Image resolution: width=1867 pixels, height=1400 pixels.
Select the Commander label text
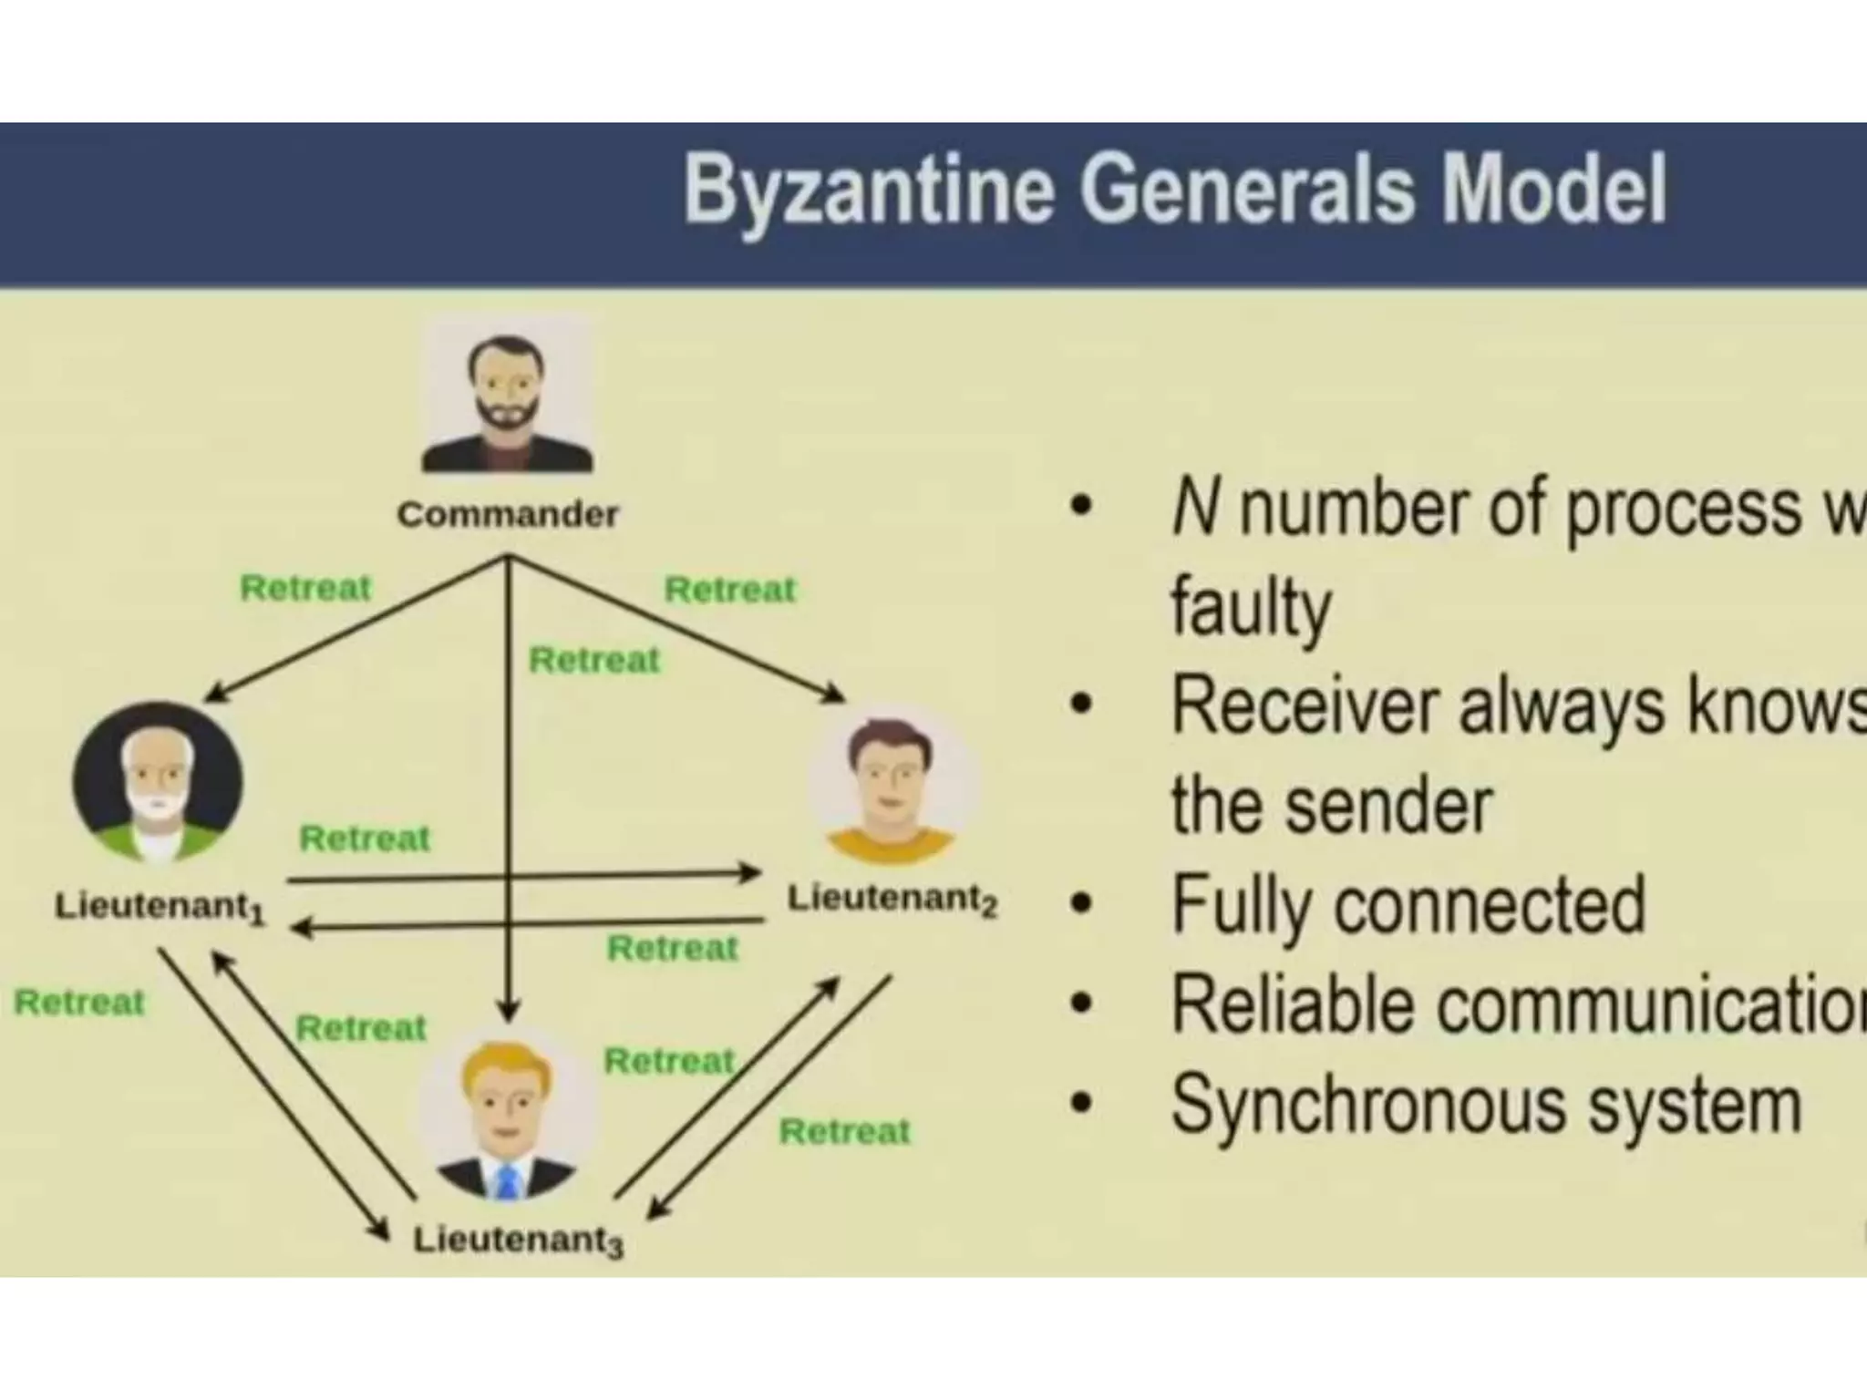click(x=508, y=515)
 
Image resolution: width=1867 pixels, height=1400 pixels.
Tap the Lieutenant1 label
click(x=160, y=908)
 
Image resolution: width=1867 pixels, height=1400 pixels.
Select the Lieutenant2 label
click(x=892, y=900)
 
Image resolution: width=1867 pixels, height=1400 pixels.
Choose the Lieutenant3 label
click(x=518, y=1240)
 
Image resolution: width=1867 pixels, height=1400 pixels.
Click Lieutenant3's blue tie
click(x=508, y=1181)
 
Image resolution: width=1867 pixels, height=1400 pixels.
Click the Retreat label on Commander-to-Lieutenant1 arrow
click(x=305, y=588)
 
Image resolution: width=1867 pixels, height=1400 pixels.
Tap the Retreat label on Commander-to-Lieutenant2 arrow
click(x=730, y=590)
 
